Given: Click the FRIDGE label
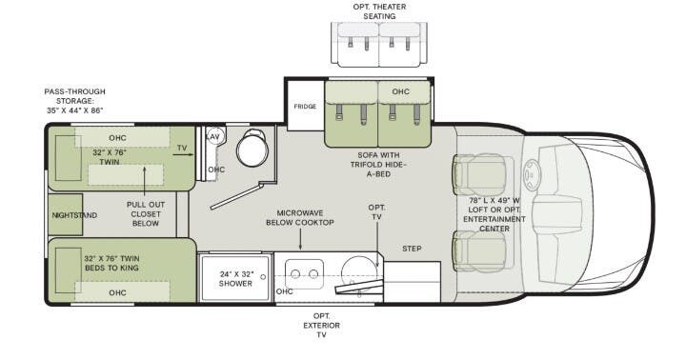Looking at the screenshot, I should click(x=305, y=107).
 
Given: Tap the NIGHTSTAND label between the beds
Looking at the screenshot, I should click(x=74, y=216).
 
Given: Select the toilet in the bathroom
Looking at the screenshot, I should click(x=254, y=150).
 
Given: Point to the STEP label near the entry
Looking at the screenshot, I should click(x=412, y=249).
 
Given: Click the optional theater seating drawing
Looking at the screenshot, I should click(x=378, y=44).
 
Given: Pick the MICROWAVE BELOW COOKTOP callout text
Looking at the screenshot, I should click(x=306, y=218).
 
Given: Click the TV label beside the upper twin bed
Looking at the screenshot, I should click(x=181, y=148).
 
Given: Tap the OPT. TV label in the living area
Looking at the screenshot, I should click(x=377, y=212).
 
